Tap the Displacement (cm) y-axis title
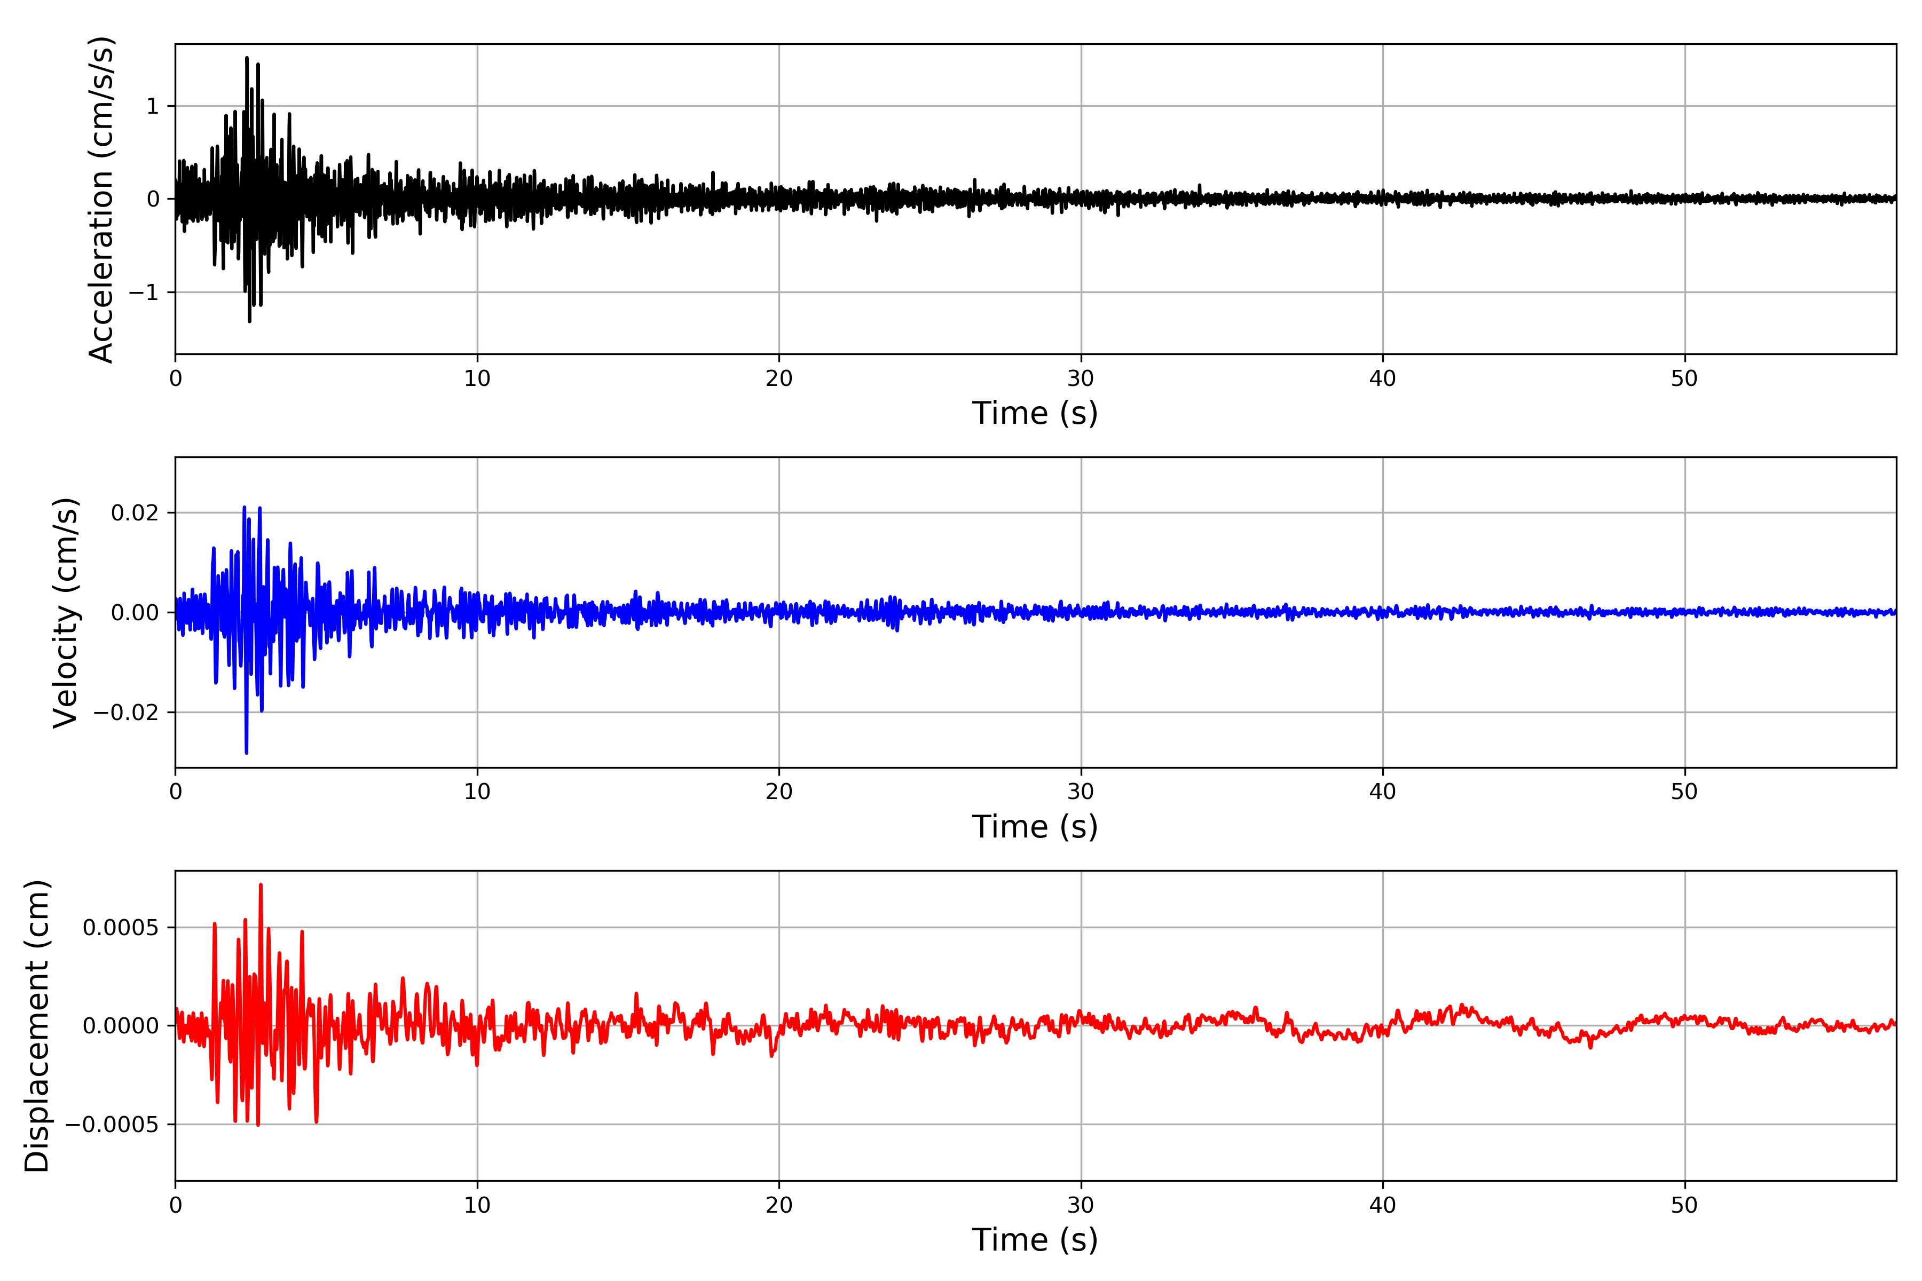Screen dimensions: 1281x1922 tap(37, 1025)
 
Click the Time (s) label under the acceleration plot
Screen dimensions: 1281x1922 tap(1035, 413)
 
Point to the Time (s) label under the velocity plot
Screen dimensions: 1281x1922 tap(1035, 827)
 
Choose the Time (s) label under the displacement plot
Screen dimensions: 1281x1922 tap(1035, 1240)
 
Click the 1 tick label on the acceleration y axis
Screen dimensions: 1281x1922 tap(153, 106)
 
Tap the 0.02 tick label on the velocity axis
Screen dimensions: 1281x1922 tap(135, 513)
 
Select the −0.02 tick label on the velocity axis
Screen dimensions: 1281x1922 tap(126, 713)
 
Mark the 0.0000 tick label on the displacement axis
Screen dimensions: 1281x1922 tap(121, 1026)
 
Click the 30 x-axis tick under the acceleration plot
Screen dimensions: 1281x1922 tap(1080, 379)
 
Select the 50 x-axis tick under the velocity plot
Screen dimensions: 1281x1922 tap(1684, 792)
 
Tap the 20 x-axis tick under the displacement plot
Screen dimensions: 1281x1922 tap(779, 1205)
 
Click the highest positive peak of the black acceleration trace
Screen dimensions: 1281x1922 tap(247, 58)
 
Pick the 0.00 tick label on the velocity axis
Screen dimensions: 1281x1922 tap(135, 613)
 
